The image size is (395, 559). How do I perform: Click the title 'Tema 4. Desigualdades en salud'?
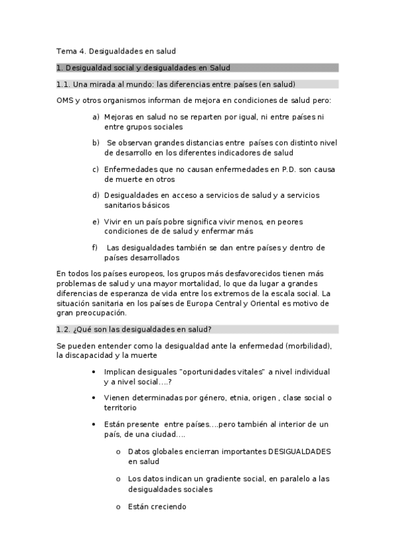(116, 50)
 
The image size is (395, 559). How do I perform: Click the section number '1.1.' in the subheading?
(63, 84)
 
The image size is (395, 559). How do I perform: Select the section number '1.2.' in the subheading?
(63, 330)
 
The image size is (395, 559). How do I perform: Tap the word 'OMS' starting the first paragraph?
(65, 100)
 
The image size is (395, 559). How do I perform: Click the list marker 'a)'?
(96, 117)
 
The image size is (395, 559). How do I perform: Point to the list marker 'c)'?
(96, 169)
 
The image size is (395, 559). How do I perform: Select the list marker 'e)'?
(96, 221)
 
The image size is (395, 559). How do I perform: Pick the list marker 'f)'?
(96, 248)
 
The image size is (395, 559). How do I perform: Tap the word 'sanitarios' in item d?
(123, 205)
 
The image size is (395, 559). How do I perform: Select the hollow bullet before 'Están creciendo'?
(118, 507)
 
